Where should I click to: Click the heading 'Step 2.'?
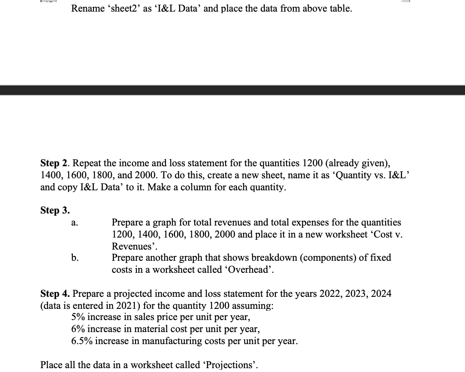(x=54, y=164)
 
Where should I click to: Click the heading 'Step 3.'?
(x=55, y=210)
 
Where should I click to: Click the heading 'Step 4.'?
(x=55, y=294)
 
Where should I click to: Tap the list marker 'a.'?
(x=74, y=223)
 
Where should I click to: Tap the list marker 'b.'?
(x=75, y=258)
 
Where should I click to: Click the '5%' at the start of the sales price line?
(x=78, y=317)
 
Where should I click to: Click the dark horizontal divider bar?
(x=232, y=90)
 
